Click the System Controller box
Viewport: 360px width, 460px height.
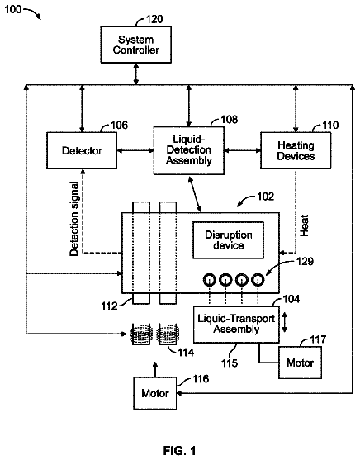136,45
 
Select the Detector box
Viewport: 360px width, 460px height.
82,150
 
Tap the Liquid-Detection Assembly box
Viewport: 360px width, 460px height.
189,150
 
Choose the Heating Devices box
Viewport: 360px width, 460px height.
296,150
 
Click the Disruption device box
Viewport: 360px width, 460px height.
228,240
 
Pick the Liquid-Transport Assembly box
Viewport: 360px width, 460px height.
236,325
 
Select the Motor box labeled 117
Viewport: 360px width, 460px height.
300,363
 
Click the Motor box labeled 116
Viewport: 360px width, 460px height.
155,393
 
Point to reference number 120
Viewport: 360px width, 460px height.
154,19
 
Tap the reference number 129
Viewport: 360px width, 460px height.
306,261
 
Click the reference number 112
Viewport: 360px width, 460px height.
109,306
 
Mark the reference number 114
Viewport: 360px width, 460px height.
186,353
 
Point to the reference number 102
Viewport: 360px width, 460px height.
266,197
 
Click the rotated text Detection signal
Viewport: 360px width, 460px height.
74,219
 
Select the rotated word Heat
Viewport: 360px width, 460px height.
304,225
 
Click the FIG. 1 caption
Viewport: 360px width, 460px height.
179,450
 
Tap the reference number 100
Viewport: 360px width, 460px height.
13,9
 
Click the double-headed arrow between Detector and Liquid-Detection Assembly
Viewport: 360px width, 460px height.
135,151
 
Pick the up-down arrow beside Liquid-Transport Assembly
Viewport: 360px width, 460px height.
284,322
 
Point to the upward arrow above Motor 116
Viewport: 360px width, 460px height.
155,369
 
